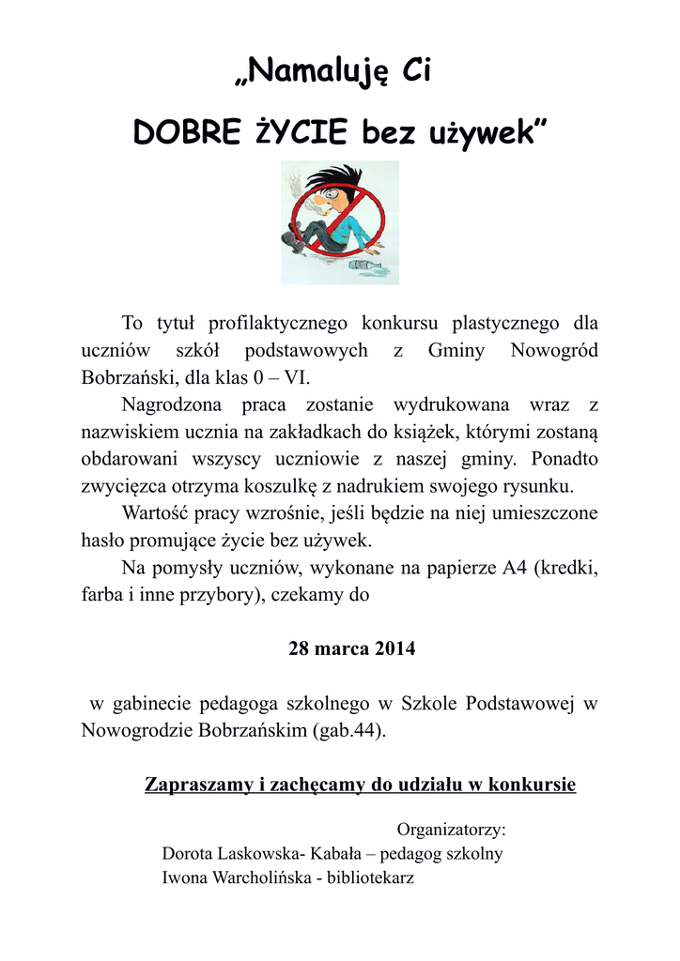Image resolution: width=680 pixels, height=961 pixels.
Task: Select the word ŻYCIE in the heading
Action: point(303,134)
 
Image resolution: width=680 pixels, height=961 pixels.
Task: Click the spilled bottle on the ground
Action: point(367,266)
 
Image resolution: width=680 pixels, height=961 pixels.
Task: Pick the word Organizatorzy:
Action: point(452,830)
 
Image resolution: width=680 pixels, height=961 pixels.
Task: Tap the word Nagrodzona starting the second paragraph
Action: point(172,405)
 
